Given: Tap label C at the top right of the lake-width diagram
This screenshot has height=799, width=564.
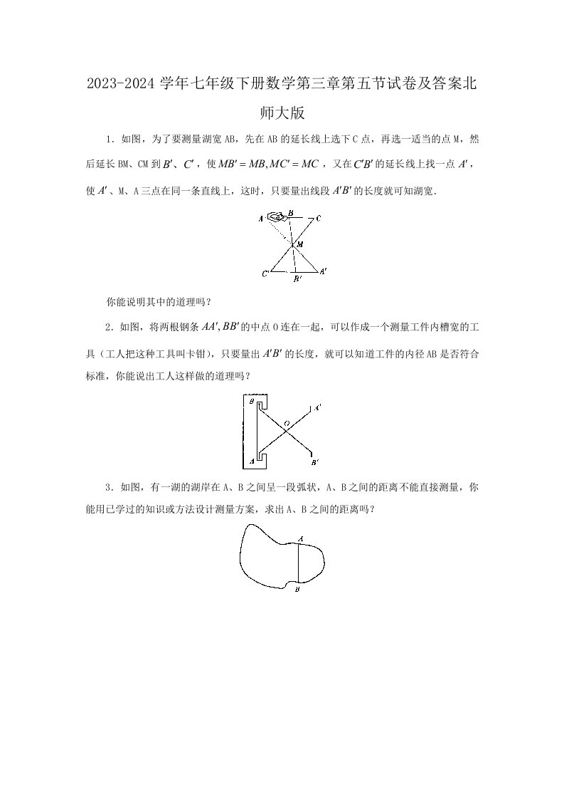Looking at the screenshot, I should tap(318, 218).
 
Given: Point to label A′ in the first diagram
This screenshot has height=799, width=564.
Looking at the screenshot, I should tap(323, 271).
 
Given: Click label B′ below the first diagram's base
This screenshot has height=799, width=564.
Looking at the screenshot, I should tap(298, 281).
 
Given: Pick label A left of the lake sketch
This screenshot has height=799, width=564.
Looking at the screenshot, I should tap(262, 218).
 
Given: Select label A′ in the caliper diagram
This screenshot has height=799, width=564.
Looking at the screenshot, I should tap(317, 407).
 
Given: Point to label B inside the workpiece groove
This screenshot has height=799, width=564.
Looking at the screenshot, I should tap(251, 402).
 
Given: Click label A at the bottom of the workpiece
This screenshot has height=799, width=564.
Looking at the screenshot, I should tap(251, 461).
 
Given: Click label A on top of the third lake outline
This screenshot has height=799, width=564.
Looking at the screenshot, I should tap(300, 539).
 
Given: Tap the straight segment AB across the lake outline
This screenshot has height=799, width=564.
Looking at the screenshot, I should tap(298, 564).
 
